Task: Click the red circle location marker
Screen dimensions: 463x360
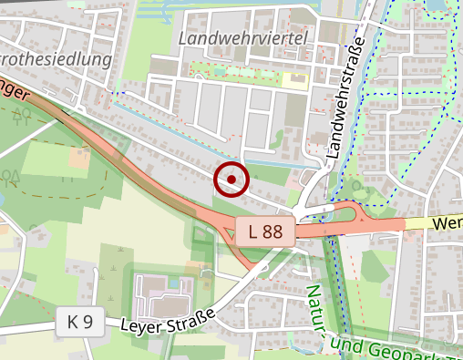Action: coord(231,180)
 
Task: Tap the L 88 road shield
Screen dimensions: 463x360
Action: coord(264,231)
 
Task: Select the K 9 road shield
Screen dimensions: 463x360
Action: coord(80,321)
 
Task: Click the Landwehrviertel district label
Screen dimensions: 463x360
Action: coord(244,37)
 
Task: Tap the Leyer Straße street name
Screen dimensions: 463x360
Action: coord(173,318)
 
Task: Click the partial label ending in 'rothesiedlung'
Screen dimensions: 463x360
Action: coord(57,60)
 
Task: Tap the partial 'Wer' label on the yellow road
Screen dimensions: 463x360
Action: coord(448,221)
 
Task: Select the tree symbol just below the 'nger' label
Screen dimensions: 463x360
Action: coord(23,114)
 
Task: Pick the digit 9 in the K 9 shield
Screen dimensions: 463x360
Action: coord(88,321)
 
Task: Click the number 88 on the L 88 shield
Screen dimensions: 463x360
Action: coord(272,231)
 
